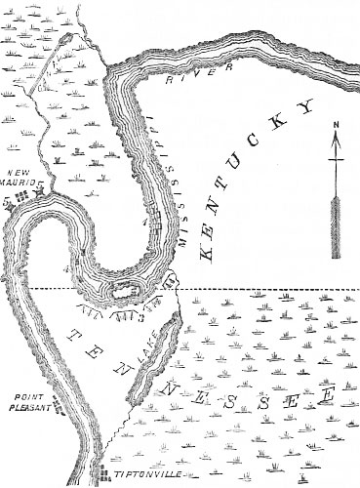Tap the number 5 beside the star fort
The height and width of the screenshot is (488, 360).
point(7,198)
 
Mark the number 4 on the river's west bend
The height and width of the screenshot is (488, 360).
point(65,264)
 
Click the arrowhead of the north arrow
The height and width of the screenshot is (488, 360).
point(335,142)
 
